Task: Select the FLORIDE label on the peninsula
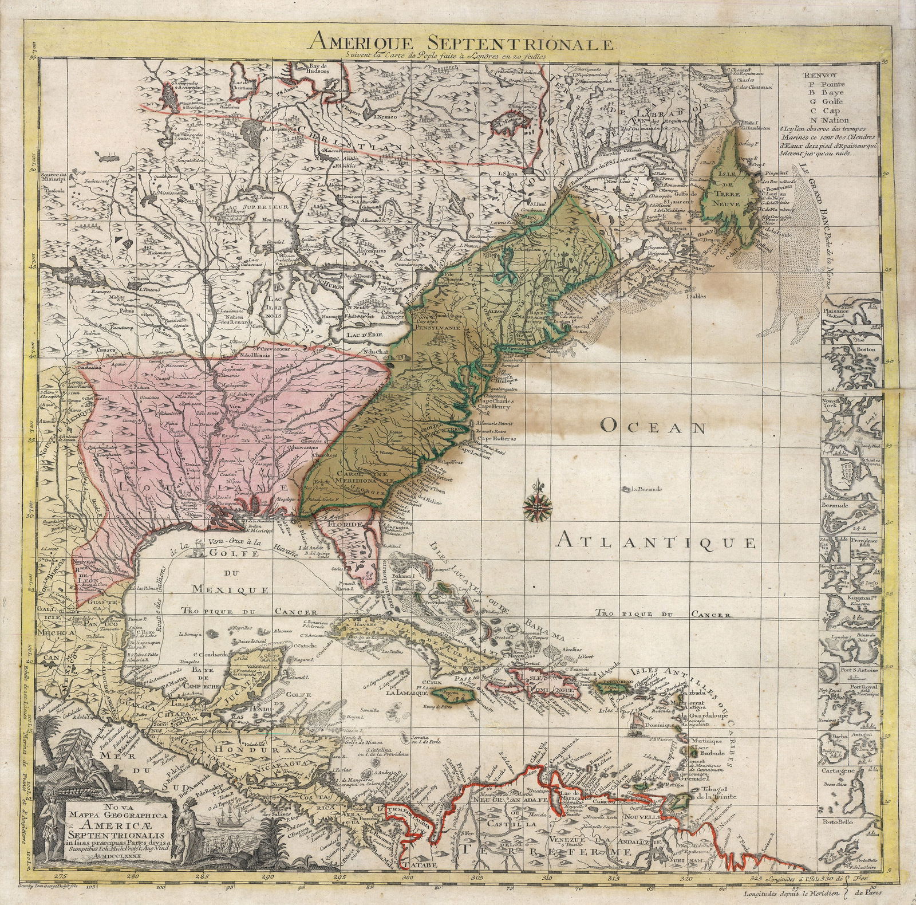pos(343,524)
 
